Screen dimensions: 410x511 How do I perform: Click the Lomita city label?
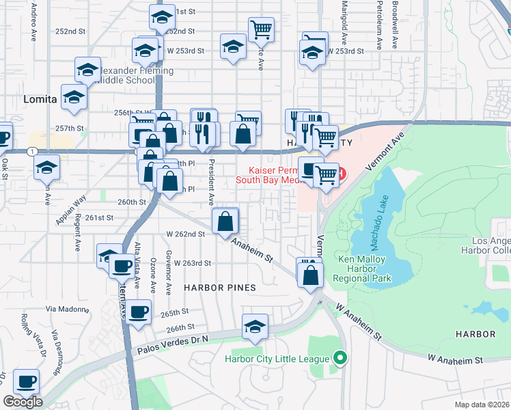point(40,99)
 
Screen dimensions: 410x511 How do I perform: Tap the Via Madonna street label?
point(68,309)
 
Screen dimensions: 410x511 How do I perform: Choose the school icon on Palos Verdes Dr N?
point(255,326)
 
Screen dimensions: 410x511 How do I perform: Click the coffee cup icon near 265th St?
point(139,312)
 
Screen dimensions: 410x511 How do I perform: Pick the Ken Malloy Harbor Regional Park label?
point(365,269)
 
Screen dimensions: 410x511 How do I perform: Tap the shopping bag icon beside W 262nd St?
point(225,221)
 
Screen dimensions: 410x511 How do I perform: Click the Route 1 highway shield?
point(31,150)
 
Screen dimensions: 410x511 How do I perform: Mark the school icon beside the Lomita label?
point(73,96)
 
